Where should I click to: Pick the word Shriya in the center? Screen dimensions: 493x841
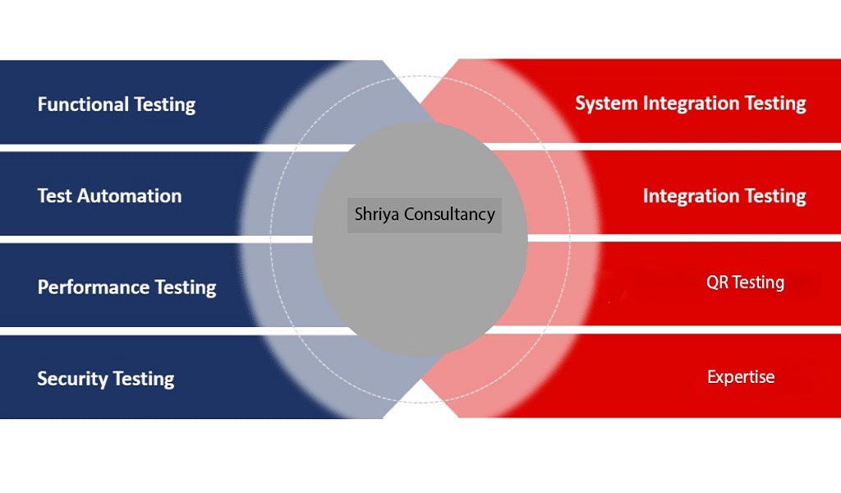[x=374, y=214]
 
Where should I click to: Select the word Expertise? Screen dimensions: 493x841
[x=741, y=377]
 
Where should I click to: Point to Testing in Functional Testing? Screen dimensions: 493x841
[x=164, y=105]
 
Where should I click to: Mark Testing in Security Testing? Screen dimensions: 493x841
[x=143, y=379]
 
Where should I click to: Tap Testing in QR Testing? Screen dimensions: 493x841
[x=758, y=283]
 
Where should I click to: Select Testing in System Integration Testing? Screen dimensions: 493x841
[x=775, y=104]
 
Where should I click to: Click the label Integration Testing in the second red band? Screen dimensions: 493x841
[x=724, y=196]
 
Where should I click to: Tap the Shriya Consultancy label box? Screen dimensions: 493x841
[x=424, y=214]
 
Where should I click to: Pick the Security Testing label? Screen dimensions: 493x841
[x=106, y=379]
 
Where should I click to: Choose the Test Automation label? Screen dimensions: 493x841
[x=109, y=196]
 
